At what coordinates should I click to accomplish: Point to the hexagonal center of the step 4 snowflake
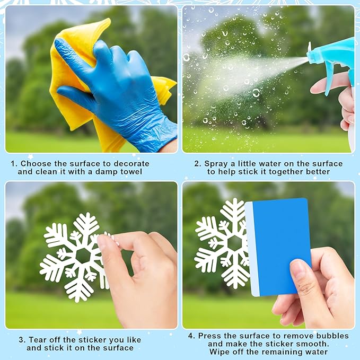[235, 243]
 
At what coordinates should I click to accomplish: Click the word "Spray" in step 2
[216, 164]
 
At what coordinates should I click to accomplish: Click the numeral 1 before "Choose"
[13, 164]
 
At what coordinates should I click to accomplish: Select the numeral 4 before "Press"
[191, 336]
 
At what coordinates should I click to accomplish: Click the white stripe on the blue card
[252, 249]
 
